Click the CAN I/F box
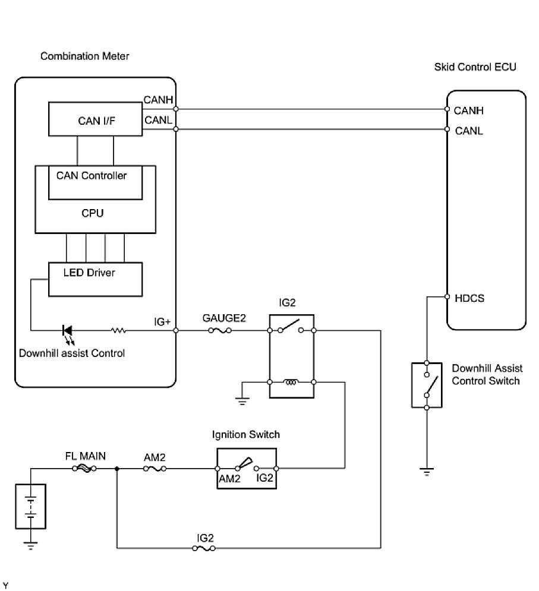pos(95,120)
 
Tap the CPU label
pos(93,213)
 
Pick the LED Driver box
pos(95,279)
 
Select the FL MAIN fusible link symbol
pos(86,469)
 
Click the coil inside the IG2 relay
pos(291,383)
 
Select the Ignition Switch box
pos(247,469)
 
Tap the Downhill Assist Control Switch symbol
pos(427,384)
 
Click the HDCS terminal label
pos(468,298)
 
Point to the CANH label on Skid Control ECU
pos(468,110)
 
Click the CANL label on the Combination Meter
pos(158,121)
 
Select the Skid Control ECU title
pos(475,67)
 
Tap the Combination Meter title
pos(84,56)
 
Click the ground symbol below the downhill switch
pos(427,472)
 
